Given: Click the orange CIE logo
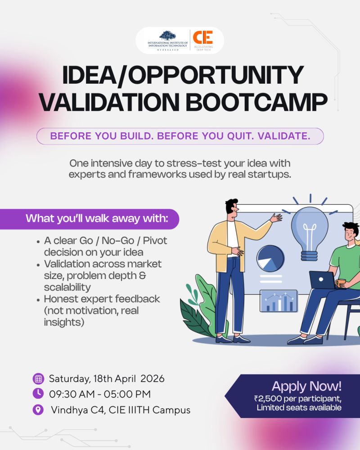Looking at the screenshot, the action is [202, 37].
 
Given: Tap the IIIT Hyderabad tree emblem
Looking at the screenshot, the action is [168, 36].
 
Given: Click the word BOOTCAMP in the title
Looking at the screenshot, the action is [256, 102].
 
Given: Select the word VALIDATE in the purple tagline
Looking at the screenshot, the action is [284, 136].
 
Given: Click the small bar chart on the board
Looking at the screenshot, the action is [279, 301].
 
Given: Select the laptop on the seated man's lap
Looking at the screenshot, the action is [322, 280].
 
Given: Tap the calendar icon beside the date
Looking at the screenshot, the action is [38, 379].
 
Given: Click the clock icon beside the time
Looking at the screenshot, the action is [38, 393].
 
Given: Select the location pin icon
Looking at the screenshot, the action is [38, 410].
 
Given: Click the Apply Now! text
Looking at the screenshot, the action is [306, 386].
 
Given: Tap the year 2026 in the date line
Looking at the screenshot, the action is [152, 378].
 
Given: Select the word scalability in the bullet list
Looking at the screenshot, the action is [67, 287].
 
